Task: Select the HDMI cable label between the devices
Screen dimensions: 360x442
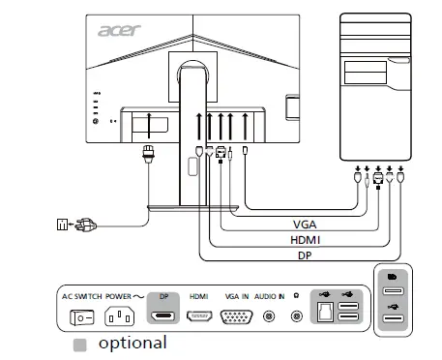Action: pyautogui.click(x=306, y=239)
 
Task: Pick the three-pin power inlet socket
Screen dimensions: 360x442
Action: pyautogui.click(x=120, y=316)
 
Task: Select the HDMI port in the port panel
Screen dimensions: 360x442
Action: pyautogui.click(x=200, y=316)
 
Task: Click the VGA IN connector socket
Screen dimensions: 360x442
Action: pyautogui.click(x=237, y=316)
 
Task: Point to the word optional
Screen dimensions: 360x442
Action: pyautogui.click(x=132, y=343)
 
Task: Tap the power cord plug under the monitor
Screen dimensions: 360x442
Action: pyautogui.click(x=148, y=153)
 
